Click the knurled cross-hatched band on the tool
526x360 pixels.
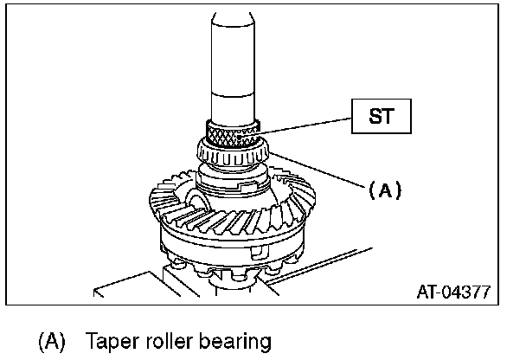point(233,133)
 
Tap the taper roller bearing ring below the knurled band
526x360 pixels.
point(233,157)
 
